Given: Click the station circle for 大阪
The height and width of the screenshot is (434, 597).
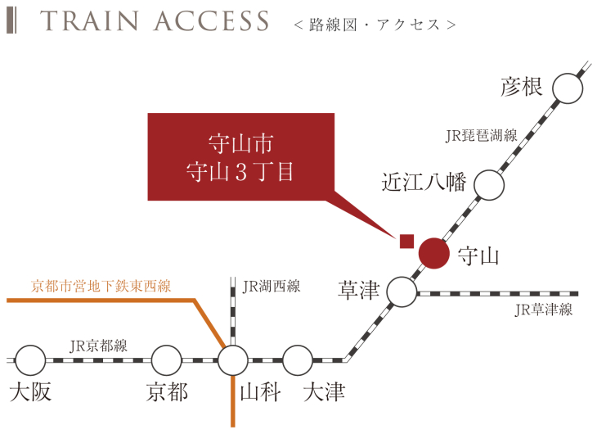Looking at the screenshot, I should [30, 359].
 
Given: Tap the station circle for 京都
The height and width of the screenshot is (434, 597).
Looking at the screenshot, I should [166, 359].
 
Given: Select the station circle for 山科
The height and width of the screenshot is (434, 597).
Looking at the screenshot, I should [233, 359].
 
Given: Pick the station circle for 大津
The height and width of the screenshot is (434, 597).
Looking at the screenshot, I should [298, 359].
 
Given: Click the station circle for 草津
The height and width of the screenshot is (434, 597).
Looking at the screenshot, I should [402, 292].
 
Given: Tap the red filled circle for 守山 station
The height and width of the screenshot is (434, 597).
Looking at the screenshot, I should [433, 254].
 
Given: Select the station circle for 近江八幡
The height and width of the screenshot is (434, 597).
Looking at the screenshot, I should [489, 186].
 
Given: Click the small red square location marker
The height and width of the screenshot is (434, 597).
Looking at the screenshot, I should [406, 241].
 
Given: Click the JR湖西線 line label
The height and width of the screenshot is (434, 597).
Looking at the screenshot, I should [272, 287].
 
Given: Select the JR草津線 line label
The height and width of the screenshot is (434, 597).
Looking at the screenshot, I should [544, 310].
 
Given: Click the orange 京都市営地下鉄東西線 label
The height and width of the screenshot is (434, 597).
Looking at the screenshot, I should [101, 287].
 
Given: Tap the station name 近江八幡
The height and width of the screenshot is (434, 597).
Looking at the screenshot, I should [424, 182].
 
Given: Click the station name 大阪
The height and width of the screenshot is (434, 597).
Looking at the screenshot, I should [31, 392].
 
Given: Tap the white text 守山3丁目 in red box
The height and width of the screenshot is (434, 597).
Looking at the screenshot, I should [240, 173].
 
